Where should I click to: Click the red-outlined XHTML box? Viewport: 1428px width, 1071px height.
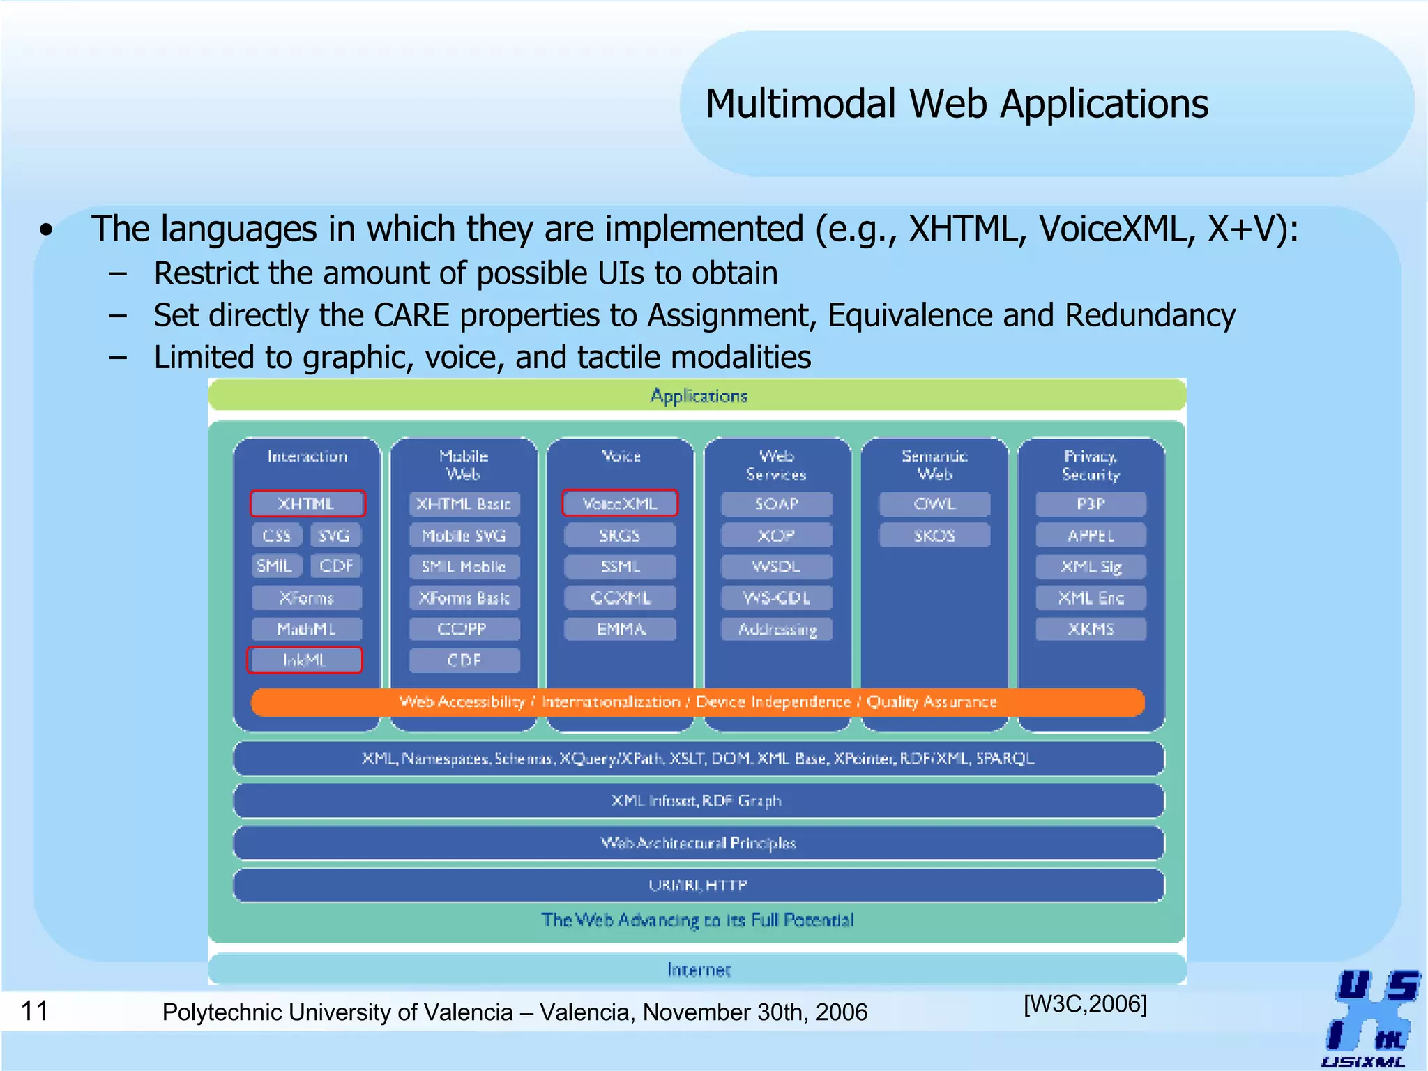coord(307,503)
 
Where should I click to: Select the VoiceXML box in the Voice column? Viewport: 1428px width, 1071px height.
coord(619,503)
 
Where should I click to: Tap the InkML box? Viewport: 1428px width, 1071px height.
coord(305,660)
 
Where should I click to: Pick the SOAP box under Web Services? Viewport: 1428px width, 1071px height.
coord(776,503)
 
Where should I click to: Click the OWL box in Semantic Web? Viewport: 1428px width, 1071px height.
coord(934,503)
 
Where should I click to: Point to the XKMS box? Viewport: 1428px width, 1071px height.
coord(1091,629)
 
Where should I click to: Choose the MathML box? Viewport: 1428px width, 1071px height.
coord(307,629)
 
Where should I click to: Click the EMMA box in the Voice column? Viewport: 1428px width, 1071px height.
coord(620,629)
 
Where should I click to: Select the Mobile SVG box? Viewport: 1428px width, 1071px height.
coord(464,535)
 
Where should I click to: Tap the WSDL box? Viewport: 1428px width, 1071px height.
coord(776,566)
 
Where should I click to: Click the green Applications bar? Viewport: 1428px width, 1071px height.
coord(697,395)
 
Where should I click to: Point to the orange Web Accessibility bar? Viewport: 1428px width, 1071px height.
coord(697,702)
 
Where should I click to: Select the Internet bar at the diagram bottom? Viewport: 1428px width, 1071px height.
coord(697,969)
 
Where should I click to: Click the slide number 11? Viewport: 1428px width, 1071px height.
coord(35,1010)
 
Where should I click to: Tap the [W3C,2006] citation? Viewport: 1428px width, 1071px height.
coord(1085,1004)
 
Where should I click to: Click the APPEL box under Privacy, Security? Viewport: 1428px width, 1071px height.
coord(1091,535)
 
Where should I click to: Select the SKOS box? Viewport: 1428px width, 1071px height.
coord(934,535)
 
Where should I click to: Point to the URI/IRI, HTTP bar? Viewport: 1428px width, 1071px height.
coord(697,885)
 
